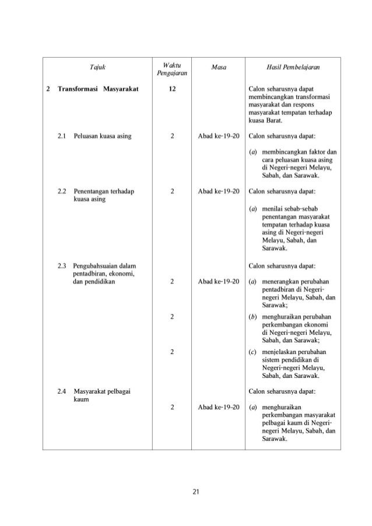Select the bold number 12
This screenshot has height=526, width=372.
click(172, 89)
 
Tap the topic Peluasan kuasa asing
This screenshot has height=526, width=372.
click(102, 136)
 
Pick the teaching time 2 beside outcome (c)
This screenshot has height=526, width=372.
click(172, 352)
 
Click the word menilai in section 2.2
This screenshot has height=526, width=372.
click(272, 209)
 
